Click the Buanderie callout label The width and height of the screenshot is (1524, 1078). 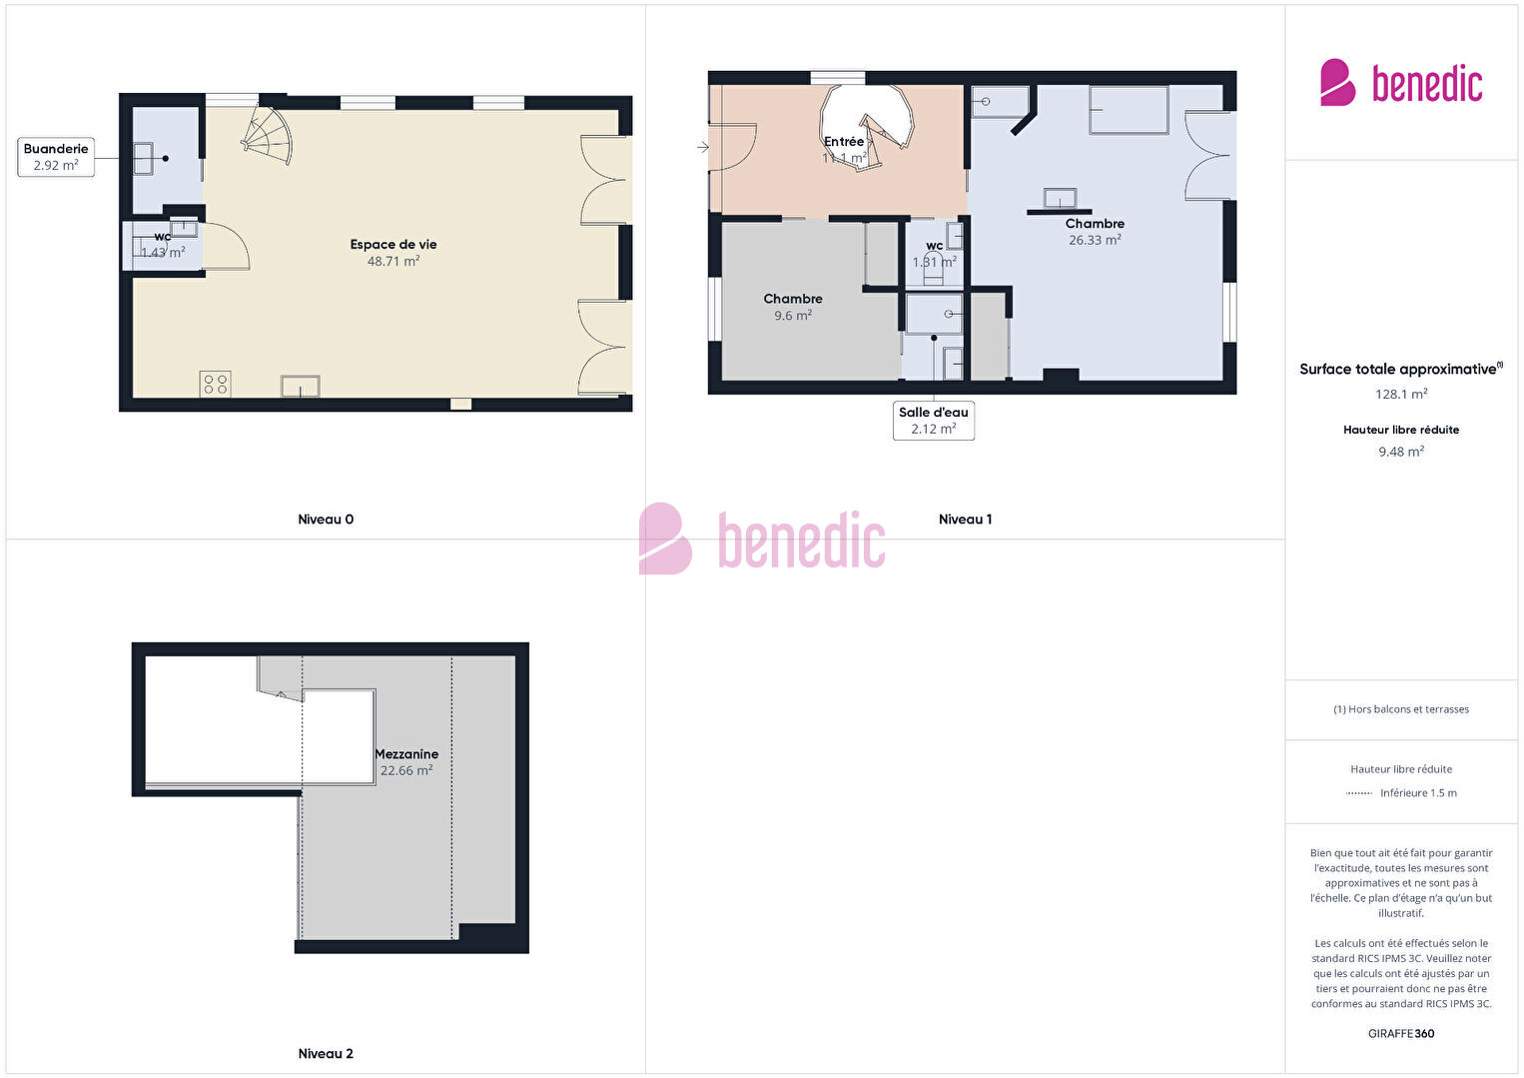(56, 157)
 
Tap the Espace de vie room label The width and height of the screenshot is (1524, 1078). (393, 244)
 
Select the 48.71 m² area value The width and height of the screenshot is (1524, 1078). (393, 261)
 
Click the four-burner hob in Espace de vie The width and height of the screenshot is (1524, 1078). (215, 384)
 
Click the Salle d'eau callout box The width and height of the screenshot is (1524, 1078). (934, 421)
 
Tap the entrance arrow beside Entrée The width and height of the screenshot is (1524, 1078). (703, 146)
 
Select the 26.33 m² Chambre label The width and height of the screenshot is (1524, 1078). (1095, 232)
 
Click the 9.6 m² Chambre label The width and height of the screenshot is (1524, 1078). (793, 307)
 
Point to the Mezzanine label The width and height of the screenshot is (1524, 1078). (406, 754)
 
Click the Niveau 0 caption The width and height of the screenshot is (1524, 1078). (326, 520)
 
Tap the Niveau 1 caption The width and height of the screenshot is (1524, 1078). (966, 520)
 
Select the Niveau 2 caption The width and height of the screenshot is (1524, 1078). (326, 1053)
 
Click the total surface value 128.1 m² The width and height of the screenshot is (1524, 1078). (1401, 394)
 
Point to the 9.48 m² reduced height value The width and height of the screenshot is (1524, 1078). (1401, 452)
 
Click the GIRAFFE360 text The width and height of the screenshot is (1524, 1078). (1401, 1033)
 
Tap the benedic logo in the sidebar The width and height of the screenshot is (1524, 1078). (1401, 83)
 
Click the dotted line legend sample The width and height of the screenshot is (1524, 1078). (1358, 793)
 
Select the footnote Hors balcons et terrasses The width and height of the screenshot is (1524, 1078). (1401, 709)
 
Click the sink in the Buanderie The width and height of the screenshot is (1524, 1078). (143, 159)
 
